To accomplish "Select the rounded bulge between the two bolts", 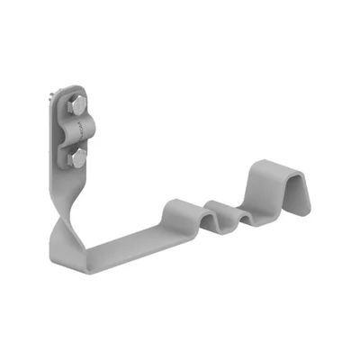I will [81, 131].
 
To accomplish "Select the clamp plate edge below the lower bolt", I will [80, 172].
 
